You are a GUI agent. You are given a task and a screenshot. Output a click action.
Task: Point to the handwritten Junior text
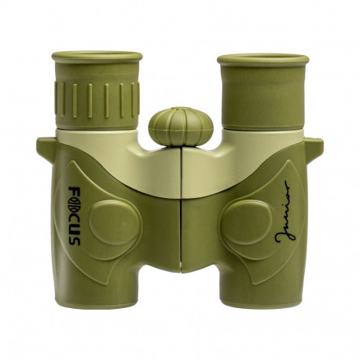288,220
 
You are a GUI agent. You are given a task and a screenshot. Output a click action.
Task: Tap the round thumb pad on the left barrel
115,223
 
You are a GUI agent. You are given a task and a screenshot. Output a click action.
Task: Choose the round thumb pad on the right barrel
245,223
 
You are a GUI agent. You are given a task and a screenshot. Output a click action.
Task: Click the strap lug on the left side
46,146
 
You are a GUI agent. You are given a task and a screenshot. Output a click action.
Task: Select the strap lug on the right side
314,146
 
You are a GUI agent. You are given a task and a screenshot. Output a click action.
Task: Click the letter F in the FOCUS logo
72,195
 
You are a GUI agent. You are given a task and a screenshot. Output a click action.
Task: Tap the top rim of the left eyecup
97,57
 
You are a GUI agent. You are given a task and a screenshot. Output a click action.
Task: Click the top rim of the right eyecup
263,58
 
